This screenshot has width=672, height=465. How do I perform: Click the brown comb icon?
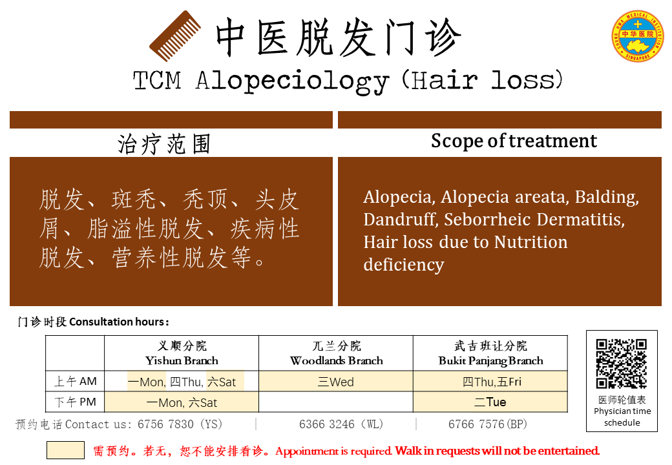[x=175, y=36]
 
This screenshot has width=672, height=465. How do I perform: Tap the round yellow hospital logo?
[x=638, y=36]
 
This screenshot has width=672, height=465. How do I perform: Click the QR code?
[x=622, y=364]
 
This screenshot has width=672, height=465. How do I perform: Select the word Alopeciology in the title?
[x=293, y=81]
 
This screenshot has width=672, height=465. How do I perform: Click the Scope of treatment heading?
[x=514, y=141]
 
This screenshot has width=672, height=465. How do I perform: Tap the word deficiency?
[x=404, y=265]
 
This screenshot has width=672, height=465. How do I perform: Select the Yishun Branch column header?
[x=182, y=353]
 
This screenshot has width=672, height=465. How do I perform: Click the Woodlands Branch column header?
[x=337, y=353]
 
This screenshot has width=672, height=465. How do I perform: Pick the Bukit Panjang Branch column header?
[x=490, y=353]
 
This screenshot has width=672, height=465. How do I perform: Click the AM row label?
[x=76, y=381]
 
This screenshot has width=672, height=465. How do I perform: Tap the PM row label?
[x=76, y=402]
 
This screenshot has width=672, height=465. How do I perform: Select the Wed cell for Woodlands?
[x=336, y=382]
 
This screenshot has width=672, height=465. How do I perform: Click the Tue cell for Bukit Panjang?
[x=490, y=402]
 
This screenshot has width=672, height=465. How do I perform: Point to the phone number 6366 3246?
[x=327, y=424]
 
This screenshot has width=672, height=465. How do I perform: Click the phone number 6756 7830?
[x=165, y=424]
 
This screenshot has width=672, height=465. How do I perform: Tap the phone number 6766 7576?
[x=476, y=424]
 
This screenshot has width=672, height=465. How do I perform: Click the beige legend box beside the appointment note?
[x=65, y=450]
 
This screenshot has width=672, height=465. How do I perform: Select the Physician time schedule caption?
[x=622, y=417]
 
